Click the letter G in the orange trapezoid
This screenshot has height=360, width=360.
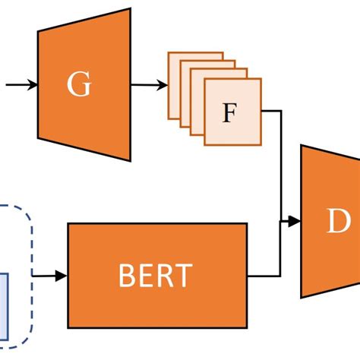point(79,85)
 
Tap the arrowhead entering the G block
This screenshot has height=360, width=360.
point(31,84)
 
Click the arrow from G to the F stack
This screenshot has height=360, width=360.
point(147,85)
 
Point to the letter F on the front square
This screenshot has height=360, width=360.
point(229,114)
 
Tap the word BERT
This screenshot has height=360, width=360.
point(156,275)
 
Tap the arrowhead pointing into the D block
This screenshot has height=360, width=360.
point(295,222)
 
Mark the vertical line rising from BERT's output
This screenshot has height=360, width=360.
point(282,251)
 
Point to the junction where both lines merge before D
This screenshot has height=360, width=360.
point(282,222)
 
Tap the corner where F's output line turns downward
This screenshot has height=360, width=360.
point(282,111)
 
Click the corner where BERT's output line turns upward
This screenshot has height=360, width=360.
point(282,275)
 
